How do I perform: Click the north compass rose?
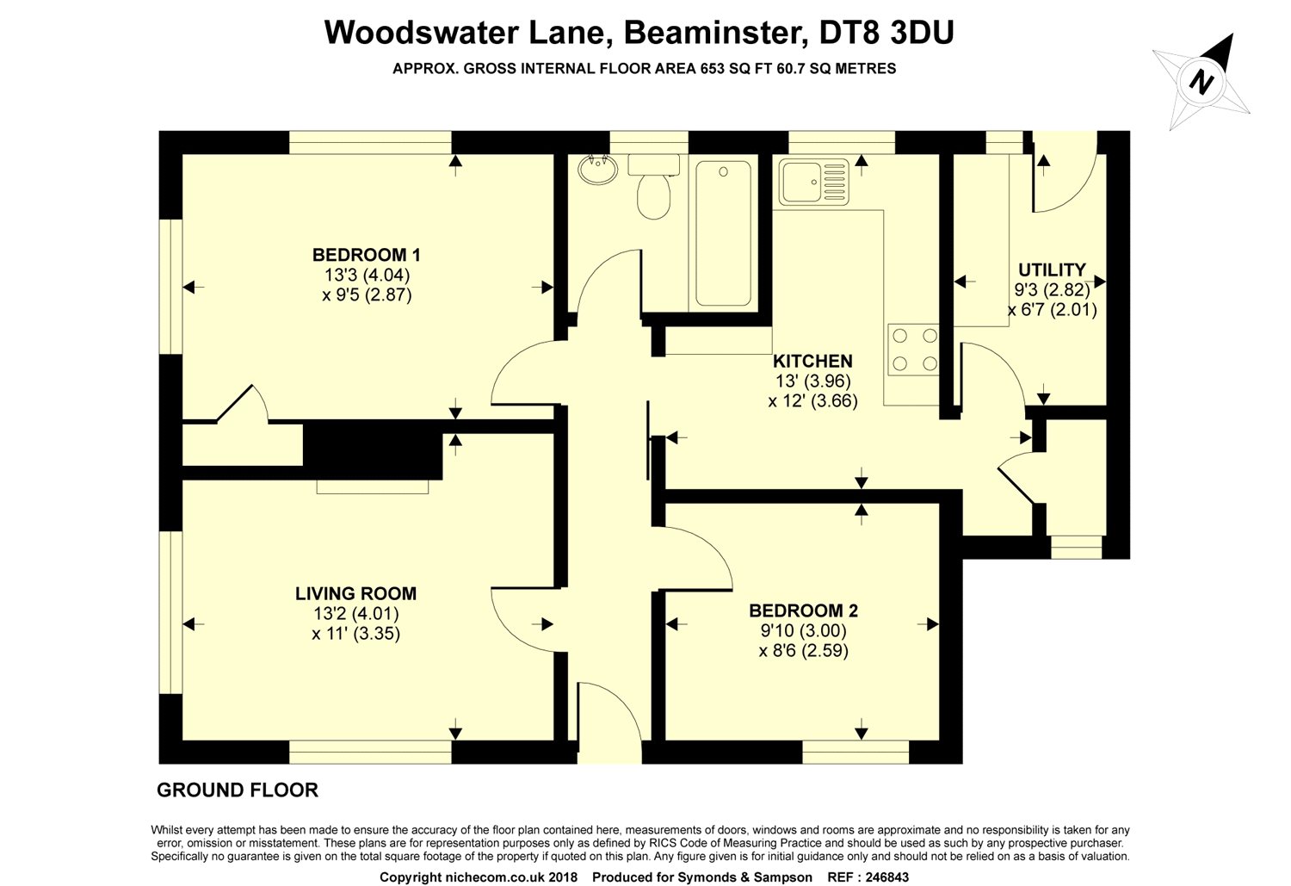click(1202, 83)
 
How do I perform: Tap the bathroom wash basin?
click(596, 170)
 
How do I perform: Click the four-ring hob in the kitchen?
click(913, 350)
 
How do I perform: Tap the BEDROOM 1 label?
click(366, 255)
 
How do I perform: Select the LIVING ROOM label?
click(355, 593)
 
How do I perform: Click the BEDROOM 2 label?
click(803, 611)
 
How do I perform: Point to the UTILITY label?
click(1052, 270)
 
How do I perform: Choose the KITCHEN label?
click(812, 362)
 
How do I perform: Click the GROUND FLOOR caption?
click(238, 790)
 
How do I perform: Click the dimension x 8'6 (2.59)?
click(803, 651)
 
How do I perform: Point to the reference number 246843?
click(879, 877)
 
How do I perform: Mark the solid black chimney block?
click(372, 448)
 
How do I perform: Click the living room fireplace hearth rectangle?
click(372, 487)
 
